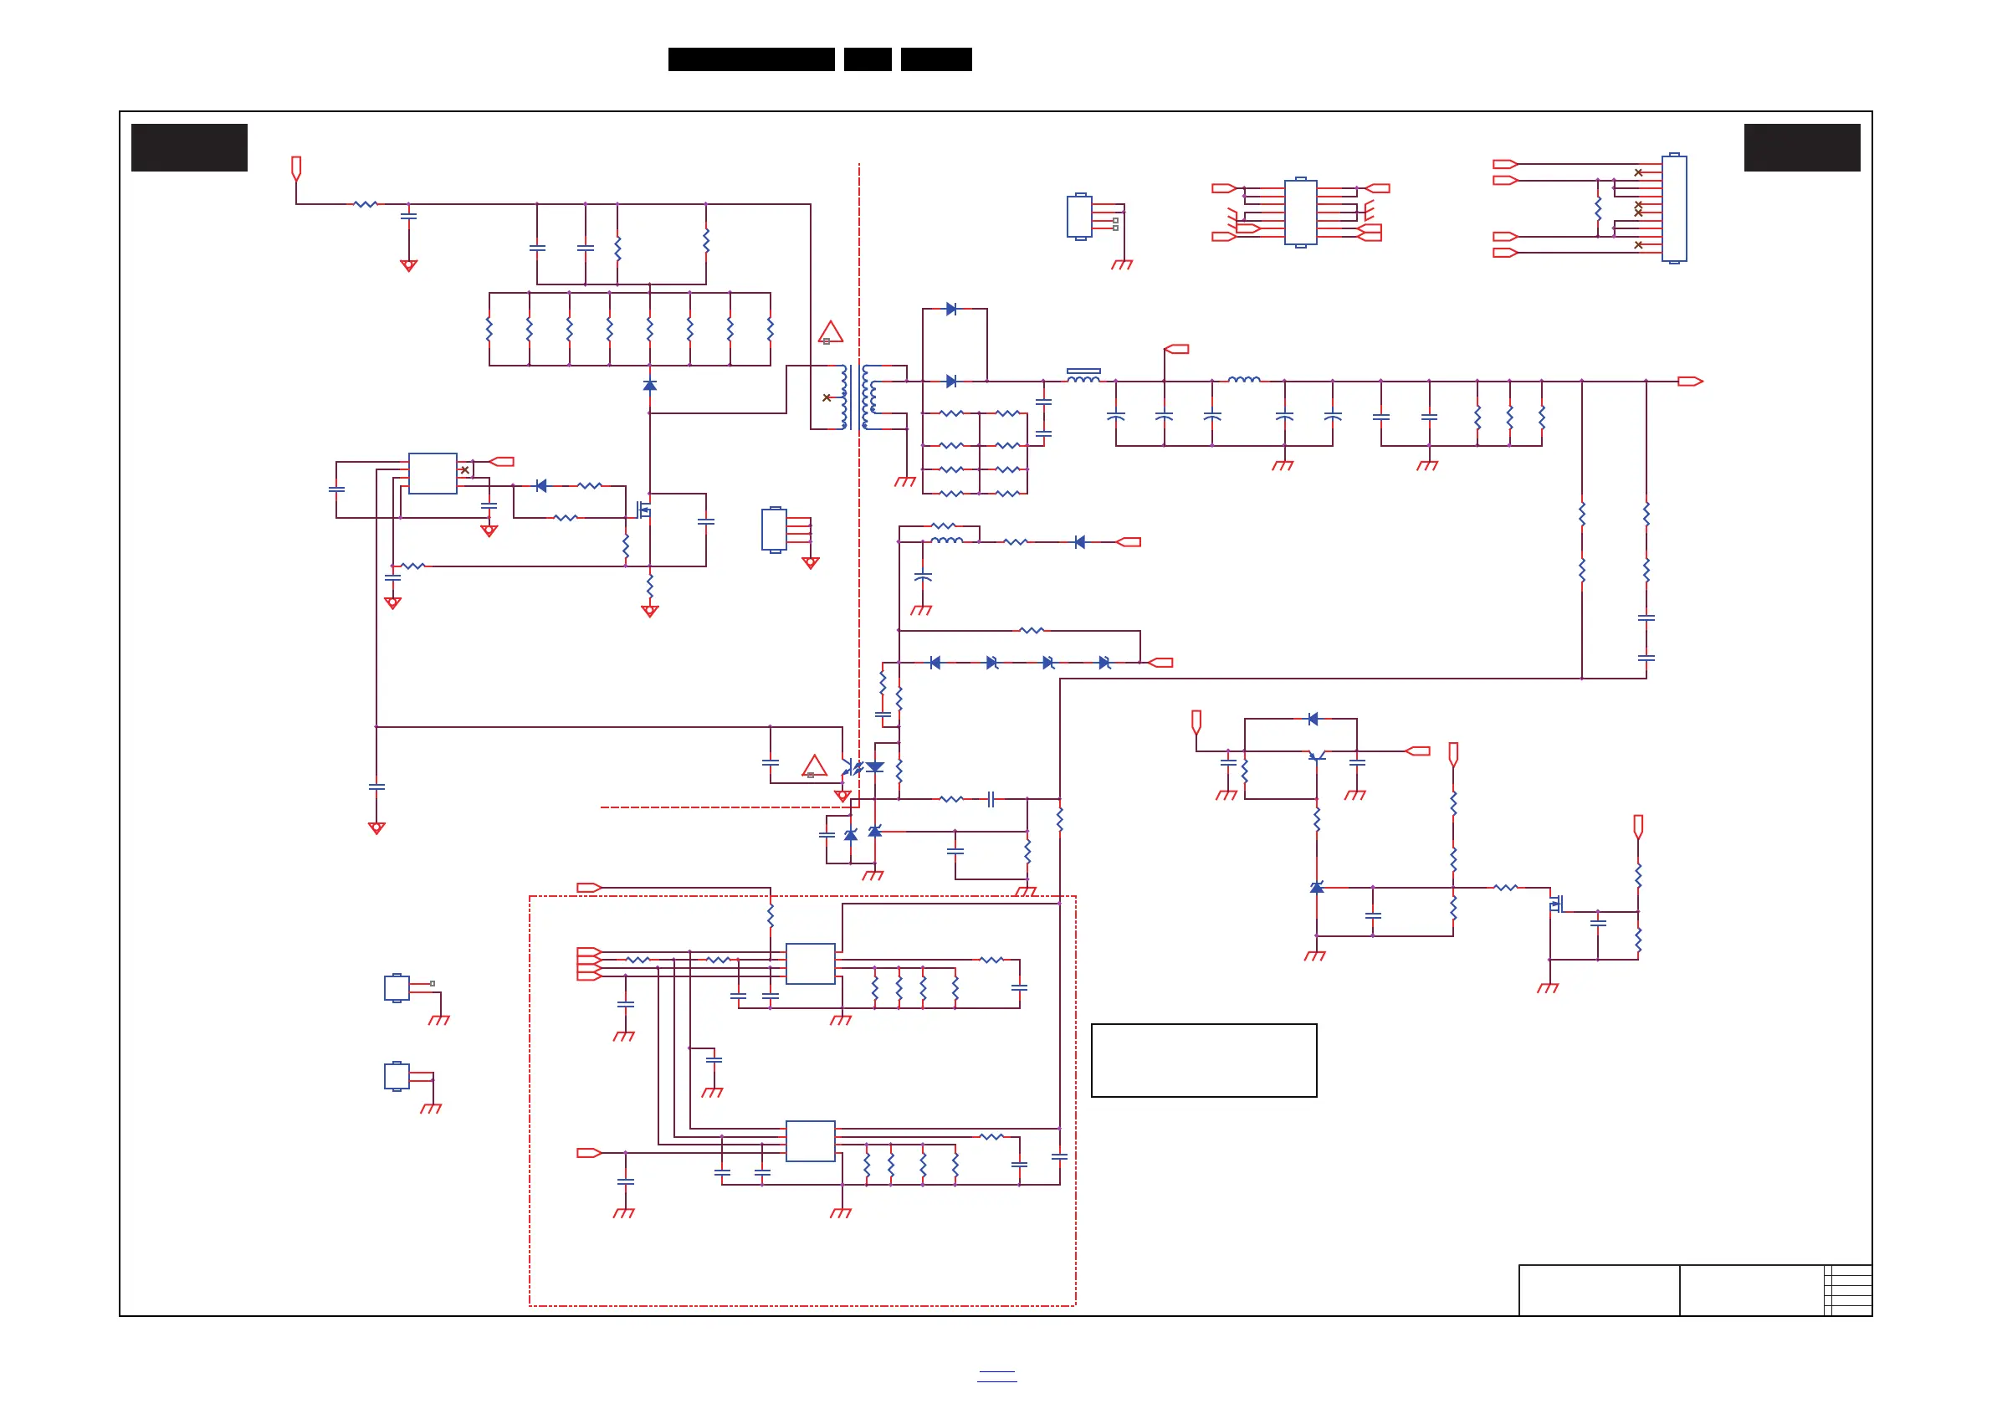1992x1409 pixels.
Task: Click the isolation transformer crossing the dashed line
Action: (858, 397)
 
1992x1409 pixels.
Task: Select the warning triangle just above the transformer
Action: (830, 331)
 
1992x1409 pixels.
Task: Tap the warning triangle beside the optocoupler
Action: (814, 766)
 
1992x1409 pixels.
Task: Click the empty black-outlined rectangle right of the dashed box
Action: (1203, 1060)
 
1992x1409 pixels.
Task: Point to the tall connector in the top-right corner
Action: (1673, 208)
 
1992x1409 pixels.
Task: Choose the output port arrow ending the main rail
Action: (1689, 381)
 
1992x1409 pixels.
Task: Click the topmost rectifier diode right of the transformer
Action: (952, 309)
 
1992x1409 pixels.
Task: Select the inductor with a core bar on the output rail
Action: (1083, 376)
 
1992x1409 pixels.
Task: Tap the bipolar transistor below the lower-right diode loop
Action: (1316, 756)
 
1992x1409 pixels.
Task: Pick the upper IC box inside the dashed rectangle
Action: (811, 963)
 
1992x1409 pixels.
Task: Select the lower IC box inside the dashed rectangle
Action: (811, 1140)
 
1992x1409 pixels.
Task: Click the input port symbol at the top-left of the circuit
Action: (296, 167)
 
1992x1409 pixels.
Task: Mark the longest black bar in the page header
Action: (751, 59)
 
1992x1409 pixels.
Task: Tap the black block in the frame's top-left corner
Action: (189, 147)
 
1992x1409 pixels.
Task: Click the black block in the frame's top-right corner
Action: (1802, 147)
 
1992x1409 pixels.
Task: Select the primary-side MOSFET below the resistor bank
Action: (643, 510)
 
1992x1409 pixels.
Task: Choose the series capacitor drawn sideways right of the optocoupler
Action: (991, 799)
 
